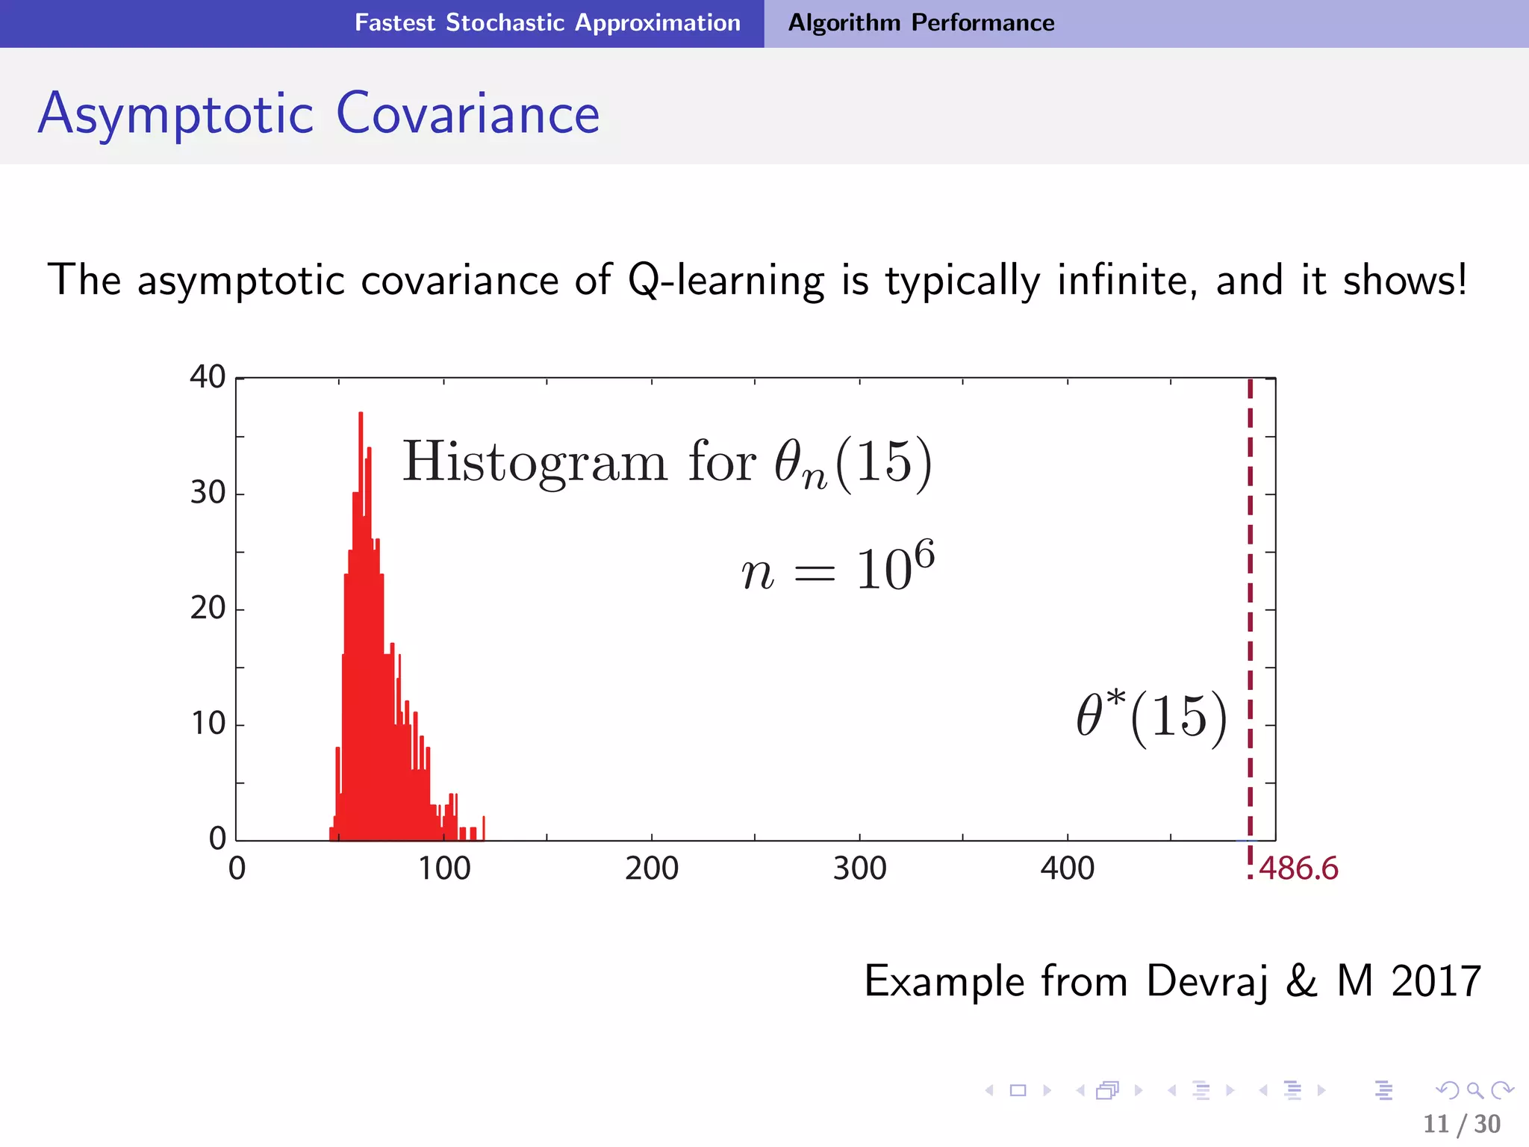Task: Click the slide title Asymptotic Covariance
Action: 319,114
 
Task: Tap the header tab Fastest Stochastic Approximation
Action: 547,22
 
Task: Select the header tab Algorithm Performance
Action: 921,22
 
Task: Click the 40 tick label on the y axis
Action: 208,376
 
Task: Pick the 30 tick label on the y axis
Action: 208,493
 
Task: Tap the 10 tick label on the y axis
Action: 208,724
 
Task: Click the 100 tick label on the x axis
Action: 443,868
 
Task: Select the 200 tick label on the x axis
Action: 651,868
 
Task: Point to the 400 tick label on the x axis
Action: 1067,868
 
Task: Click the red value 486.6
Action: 1298,868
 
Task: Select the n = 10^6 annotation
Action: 837,569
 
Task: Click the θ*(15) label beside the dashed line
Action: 1150,717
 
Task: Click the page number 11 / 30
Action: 1461,1124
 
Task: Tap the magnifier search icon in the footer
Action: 1474,1090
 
